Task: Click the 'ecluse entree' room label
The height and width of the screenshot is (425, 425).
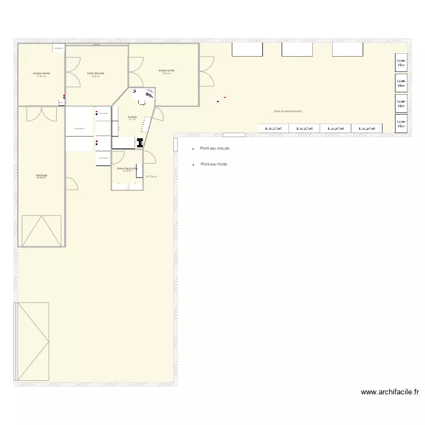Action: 41,74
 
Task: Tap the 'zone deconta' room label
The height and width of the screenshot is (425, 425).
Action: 95,74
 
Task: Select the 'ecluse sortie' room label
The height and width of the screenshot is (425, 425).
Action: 167,71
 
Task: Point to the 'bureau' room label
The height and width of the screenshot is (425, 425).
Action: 132,117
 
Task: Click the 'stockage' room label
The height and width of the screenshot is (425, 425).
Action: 41,176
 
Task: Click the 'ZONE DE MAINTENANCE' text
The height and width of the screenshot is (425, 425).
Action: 288,112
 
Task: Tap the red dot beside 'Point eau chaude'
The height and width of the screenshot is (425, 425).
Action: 193,149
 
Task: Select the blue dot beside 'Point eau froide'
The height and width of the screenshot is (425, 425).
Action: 193,165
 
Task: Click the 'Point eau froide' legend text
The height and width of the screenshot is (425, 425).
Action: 215,164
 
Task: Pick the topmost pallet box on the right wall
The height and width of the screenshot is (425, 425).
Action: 401,63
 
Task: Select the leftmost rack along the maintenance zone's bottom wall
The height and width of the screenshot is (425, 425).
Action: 273,129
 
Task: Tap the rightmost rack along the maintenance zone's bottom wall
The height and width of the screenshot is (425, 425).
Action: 367,129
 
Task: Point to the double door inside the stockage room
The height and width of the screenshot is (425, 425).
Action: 41,114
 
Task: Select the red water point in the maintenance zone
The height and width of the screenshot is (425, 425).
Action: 225,97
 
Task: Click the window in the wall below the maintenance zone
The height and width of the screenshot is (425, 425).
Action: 234,135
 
